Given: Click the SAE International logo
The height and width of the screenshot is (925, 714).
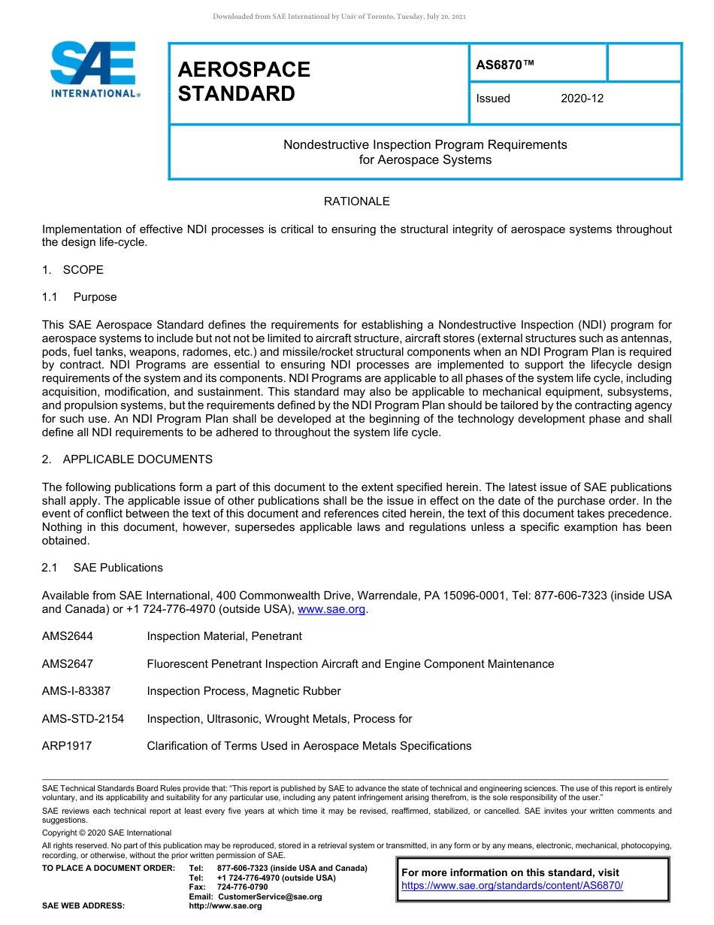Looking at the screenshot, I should (94, 69).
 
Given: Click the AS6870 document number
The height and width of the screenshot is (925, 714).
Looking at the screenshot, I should (505, 65).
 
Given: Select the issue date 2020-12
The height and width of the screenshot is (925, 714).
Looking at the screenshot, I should (582, 99).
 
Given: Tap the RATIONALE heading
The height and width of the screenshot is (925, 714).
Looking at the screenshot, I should (356, 202).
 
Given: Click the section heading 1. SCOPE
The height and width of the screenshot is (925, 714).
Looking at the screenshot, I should (73, 270).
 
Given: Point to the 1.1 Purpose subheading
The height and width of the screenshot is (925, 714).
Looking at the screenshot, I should (80, 297).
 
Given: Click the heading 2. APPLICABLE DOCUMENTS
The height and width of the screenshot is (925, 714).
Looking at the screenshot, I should (127, 459).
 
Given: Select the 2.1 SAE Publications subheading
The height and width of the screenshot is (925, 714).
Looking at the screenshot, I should (102, 568).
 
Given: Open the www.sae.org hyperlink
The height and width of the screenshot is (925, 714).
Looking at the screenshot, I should (331, 609).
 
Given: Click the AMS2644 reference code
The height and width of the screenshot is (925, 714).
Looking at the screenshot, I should (68, 636).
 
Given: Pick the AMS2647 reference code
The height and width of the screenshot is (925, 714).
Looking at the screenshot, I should (68, 664).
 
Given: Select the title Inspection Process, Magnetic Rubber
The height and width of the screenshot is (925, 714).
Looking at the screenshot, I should (244, 691).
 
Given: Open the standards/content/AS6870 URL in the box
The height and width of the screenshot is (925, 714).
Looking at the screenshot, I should (513, 886).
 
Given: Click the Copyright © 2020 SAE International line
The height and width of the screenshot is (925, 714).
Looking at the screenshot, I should (107, 832).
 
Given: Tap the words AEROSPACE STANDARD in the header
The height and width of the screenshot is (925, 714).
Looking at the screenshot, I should (244, 81).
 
